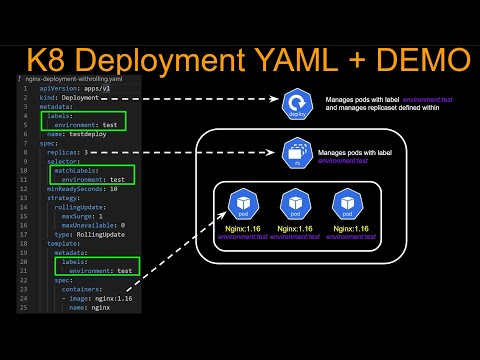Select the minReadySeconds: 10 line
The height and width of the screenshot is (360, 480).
pos(81,187)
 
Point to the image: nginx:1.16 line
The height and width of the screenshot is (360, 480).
pos(100,298)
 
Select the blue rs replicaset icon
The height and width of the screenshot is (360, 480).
pos(295,152)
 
